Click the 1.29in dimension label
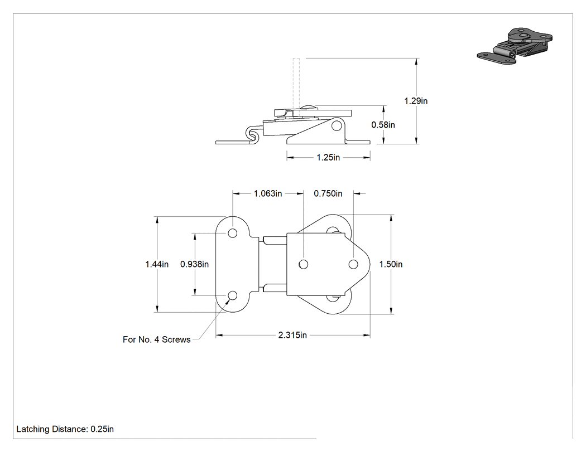pos(416,101)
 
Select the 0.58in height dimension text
pos(383,125)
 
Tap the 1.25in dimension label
pos(328,158)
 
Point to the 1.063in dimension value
pos(267,193)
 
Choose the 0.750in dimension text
pos(328,193)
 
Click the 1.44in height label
pos(157,264)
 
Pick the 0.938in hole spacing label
pos(194,264)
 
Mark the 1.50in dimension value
pos(391,264)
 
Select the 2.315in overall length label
pos(292,335)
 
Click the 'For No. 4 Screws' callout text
pos(157,339)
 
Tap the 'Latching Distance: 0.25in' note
pos(65,429)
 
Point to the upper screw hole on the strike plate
pos(233,234)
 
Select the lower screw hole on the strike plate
pos(233,295)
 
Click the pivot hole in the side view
pos(337,126)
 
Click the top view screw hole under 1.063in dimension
pos(304,264)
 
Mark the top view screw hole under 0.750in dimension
pos(353,264)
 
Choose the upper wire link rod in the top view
pos(275,240)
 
